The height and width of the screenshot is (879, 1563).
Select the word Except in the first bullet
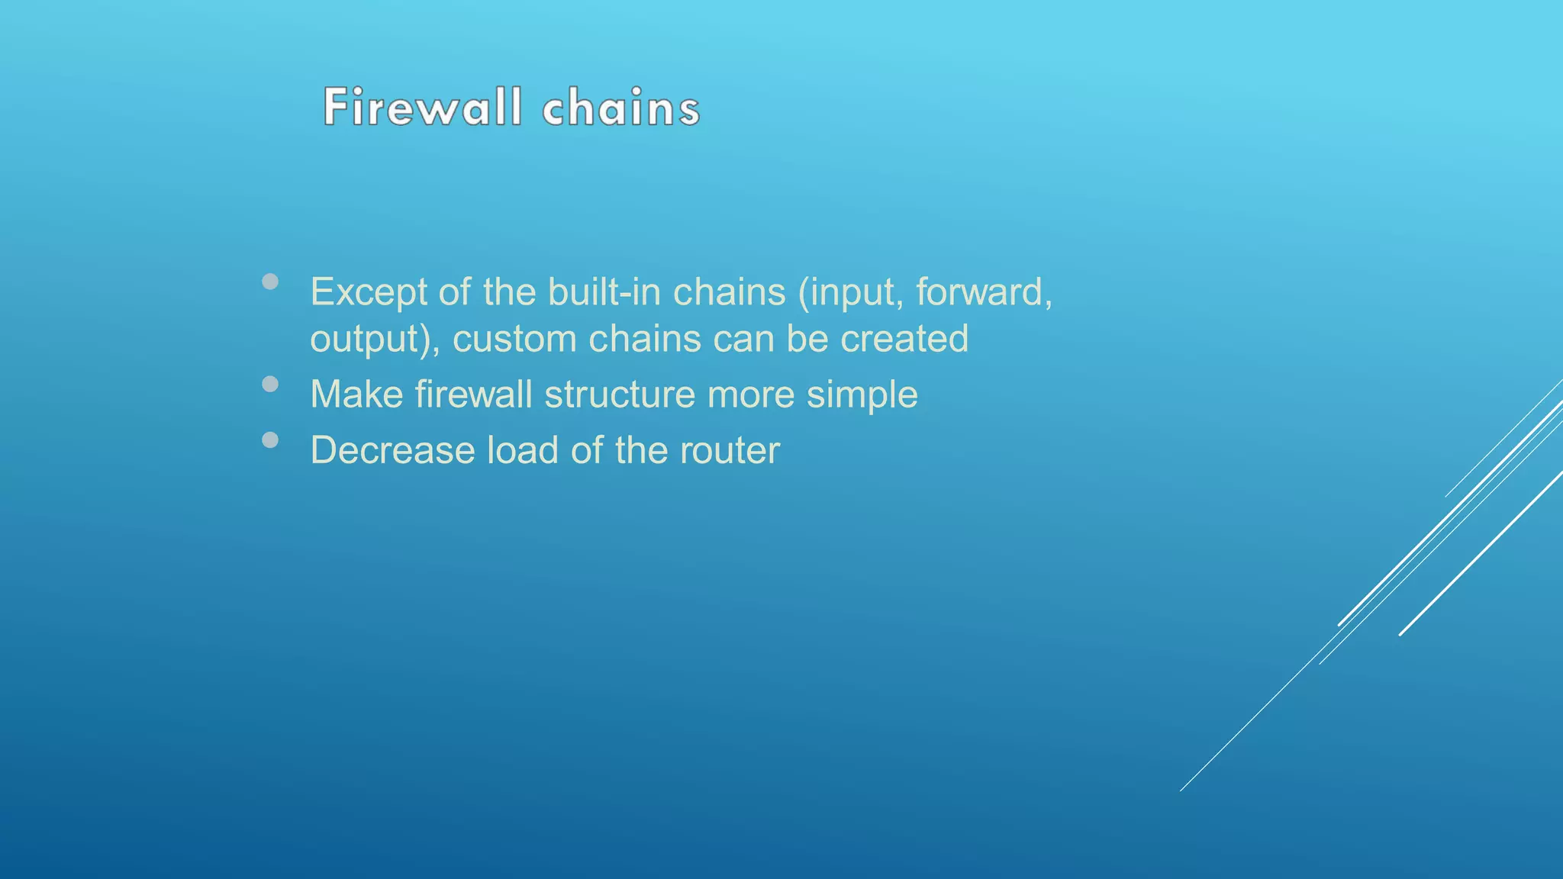pos(369,292)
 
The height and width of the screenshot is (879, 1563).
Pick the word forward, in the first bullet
pos(984,292)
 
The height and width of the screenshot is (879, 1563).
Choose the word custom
pos(514,339)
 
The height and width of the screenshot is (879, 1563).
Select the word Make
pos(356,394)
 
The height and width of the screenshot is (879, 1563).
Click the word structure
pos(620,394)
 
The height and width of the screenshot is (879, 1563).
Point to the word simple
pos(862,395)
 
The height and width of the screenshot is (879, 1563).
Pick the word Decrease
pos(392,450)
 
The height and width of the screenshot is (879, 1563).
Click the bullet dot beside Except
pos(269,282)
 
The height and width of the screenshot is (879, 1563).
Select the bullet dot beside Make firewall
pos(269,384)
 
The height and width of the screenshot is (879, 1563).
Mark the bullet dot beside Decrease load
pos(269,439)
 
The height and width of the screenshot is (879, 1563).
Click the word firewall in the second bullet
pos(473,394)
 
